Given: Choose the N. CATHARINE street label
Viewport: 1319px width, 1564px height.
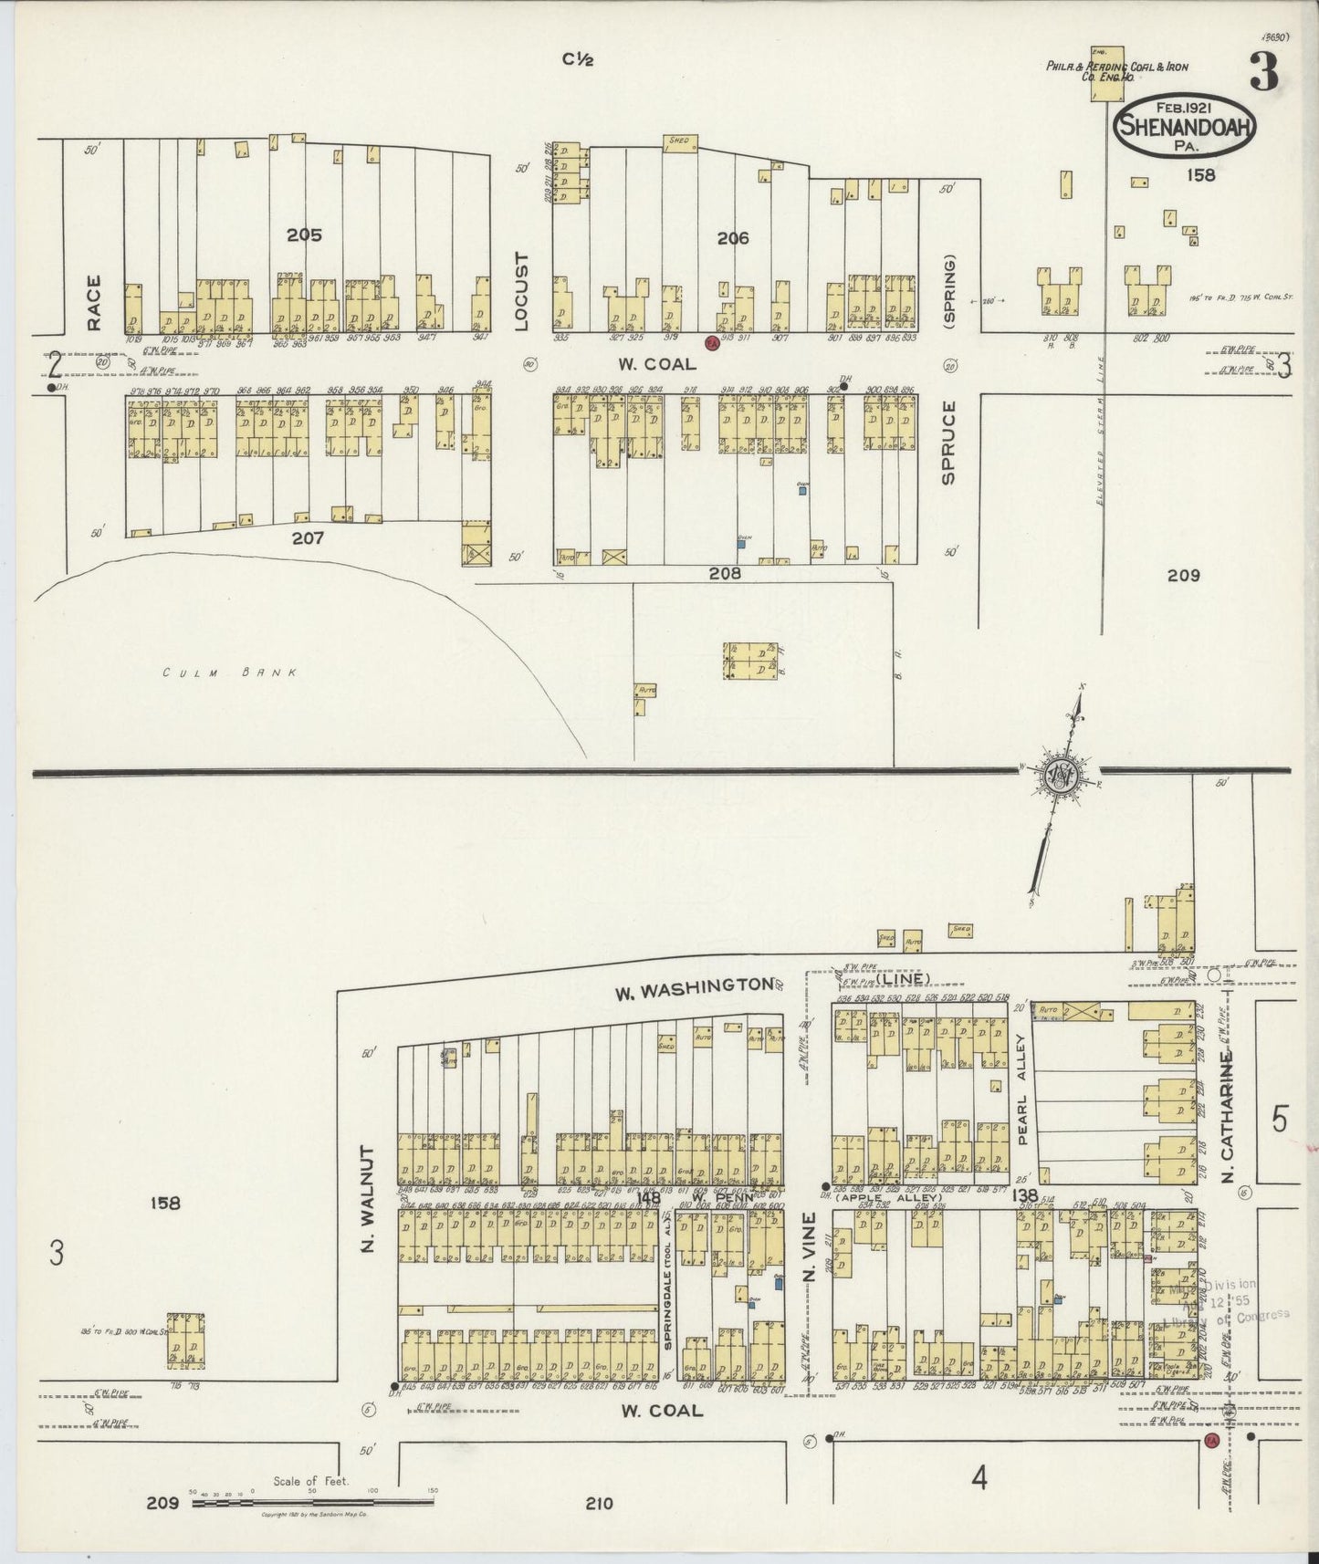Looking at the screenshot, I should (1228, 1116).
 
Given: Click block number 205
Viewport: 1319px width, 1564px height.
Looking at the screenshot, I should (304, 235).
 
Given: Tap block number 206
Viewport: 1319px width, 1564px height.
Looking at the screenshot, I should (732, 238).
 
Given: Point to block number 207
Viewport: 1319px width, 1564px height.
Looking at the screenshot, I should (308, 538).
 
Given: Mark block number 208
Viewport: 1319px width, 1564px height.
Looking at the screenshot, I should (725, 573).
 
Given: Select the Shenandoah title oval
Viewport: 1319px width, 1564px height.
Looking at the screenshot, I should (1184, 128).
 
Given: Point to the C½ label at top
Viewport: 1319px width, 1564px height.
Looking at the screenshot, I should (578, 59).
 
